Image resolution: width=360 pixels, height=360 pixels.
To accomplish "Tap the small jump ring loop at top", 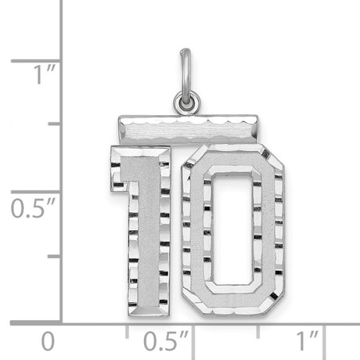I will click(187, 101).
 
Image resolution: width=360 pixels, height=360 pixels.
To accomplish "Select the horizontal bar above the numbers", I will click(187, 126).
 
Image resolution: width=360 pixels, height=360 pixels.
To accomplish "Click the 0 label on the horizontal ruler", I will click(49, 341).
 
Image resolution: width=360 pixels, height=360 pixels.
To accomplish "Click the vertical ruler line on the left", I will click(62, 157).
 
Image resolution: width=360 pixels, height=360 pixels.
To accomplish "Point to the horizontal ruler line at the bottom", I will click(196, 322).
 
